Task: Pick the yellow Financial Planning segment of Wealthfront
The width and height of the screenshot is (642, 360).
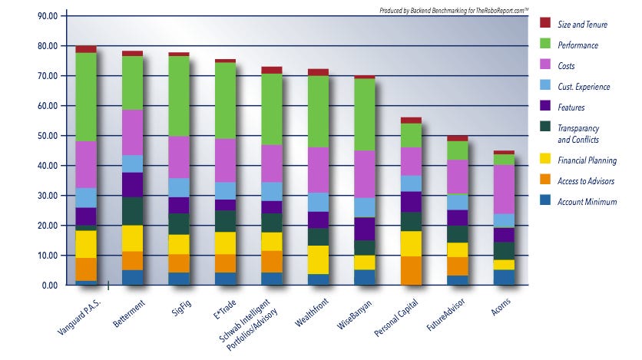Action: coord(318,259)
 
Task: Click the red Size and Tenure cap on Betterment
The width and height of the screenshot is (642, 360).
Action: coord(132,54)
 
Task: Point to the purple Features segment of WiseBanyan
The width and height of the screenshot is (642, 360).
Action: coord(364,229)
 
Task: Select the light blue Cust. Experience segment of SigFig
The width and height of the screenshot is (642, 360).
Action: coord(179,187)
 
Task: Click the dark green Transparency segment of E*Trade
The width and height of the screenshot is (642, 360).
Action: coord(225,221)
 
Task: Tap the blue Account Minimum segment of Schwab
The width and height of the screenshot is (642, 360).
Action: coord(272,279)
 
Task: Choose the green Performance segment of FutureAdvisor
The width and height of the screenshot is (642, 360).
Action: coord(457,150)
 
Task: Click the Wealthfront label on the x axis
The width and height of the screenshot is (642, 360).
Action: coord(312,310)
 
